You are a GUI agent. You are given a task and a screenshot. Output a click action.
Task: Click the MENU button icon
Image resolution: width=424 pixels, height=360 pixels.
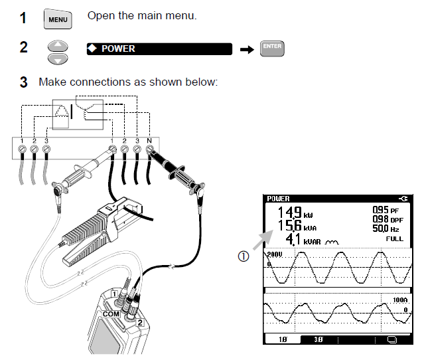(58, 19)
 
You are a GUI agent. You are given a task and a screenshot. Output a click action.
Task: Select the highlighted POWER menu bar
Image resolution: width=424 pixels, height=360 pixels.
(159, 48)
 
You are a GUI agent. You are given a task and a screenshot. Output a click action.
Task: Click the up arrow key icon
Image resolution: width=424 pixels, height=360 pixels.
(58, 46)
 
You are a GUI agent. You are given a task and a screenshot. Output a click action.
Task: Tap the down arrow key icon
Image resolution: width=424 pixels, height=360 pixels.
(58, 58)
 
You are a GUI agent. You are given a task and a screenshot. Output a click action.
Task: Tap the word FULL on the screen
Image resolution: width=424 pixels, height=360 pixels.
(394, 238)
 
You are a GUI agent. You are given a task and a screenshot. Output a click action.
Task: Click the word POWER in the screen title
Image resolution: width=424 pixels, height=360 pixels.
(278, 199)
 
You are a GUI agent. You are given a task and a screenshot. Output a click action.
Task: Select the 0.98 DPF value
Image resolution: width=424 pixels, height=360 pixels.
(384, 219)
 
